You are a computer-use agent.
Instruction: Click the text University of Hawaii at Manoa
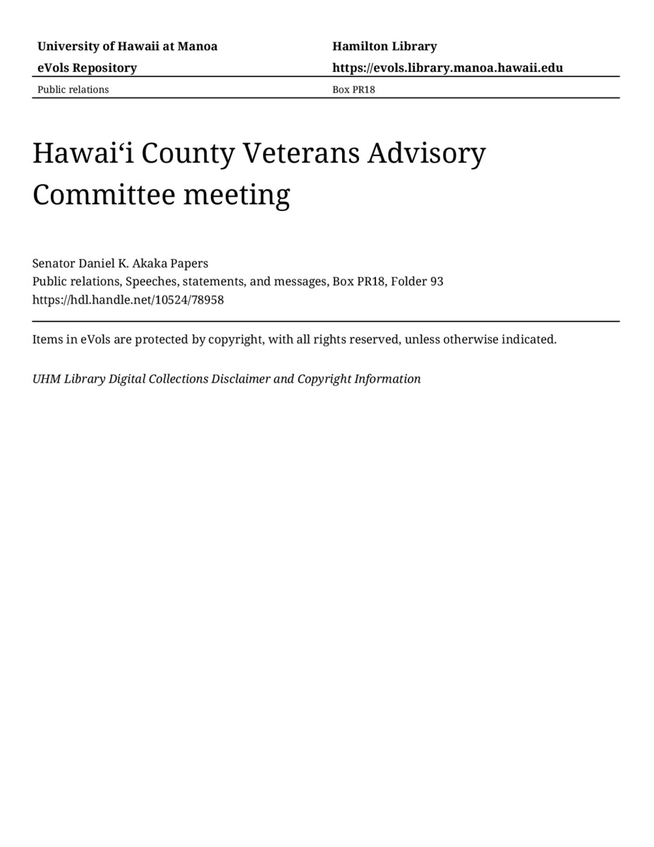coord(127,47)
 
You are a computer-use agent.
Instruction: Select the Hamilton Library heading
coord(384,47)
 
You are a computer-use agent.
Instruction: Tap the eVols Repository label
coord(87,68)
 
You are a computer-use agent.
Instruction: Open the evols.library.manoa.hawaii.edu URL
coord(447,68)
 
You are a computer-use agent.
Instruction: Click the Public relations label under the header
coord(73,90)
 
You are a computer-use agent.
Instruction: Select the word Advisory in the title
coord(426,153)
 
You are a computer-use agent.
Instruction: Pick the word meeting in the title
coord(236,194)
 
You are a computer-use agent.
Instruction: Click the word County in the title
coord(188,153)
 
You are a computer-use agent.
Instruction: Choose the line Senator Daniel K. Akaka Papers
coord(120,263)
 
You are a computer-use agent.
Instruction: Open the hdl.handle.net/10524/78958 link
coord(128,299)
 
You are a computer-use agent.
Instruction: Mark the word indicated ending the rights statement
coord(528,340)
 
